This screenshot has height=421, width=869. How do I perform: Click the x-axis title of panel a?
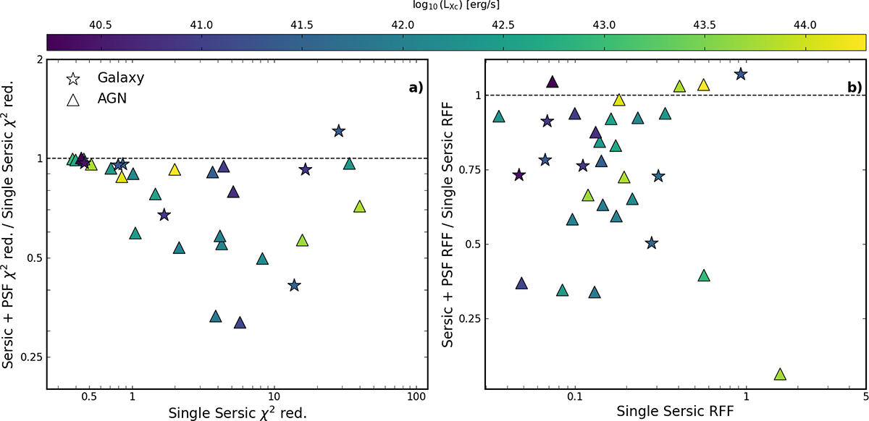238,414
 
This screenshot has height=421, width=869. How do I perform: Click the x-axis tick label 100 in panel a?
415,397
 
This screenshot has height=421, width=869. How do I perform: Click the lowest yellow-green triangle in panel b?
780,374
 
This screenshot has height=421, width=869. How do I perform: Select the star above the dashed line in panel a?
338,131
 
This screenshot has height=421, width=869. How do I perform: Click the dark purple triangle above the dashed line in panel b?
552,82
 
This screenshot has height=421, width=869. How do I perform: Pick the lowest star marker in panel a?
294,285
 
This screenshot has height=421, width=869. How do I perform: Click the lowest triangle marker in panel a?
240,323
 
